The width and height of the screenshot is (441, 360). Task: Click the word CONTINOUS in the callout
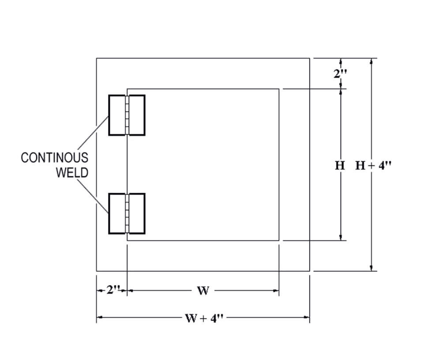point(54,157)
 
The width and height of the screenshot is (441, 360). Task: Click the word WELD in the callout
point(72,172)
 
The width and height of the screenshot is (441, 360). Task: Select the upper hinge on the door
point(127,115)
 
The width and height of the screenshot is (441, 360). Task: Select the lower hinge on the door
point(127,214)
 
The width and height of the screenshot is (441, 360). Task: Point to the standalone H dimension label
point(340,165)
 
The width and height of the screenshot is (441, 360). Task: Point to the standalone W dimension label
point(203,291)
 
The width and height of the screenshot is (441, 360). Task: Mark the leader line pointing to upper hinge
point(93,133)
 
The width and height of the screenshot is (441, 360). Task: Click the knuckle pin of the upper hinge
point(127,115)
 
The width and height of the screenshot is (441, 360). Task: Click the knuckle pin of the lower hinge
point(127,214)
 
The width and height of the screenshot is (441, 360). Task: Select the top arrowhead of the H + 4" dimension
point(372,61)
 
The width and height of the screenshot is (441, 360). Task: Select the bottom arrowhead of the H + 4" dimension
point(372,267)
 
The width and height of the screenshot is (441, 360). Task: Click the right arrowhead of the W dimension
point(276,291)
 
